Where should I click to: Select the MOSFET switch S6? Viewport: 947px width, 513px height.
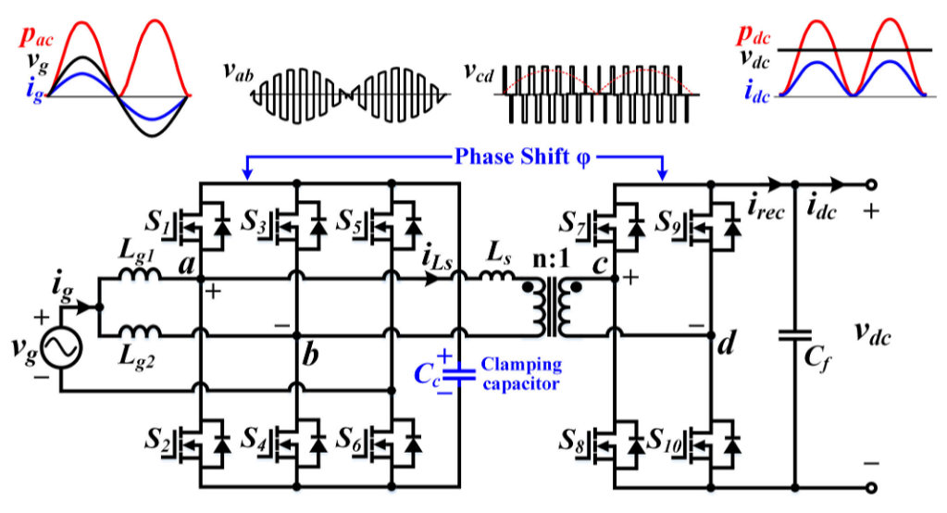[393, 446]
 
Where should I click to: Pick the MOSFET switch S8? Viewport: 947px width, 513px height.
[616, 446]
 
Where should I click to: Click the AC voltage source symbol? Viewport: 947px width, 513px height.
[62, 348]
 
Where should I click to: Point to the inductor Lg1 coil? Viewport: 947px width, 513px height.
[140, 274]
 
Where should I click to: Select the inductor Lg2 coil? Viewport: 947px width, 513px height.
[140, 331]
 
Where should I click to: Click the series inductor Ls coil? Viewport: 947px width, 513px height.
[498, 274]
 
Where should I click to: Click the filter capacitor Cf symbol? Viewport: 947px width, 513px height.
[795, 335]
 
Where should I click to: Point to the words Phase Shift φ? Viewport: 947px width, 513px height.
[522, 157]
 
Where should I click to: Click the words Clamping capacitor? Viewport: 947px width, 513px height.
[521, 374]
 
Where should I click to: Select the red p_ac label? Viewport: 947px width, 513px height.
[36, 36]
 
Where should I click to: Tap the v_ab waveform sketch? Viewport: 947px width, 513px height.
[350, 95]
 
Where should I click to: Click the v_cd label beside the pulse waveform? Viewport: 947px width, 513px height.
[479, 72]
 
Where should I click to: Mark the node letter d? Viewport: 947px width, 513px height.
[727, 344]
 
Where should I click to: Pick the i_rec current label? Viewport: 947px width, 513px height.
[766, 207]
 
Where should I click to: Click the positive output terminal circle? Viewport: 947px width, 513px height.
[871, 184]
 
